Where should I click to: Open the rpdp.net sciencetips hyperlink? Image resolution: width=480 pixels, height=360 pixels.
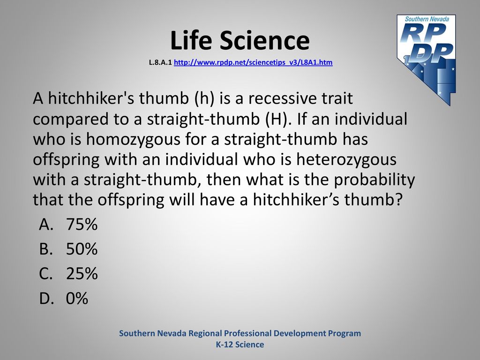coord(253,62)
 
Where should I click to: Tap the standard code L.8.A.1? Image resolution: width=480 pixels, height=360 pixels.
coord(160,62)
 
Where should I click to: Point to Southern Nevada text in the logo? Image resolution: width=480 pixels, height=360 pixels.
coord(427,19)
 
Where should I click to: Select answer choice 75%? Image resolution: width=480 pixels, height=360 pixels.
coord(82,224)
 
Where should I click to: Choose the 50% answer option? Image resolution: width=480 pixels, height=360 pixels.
coord(82,248)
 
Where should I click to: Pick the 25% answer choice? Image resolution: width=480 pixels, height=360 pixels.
coord(82,273)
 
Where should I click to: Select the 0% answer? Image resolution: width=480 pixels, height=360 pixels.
coord(77,298)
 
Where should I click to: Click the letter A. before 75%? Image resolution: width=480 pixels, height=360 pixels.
coord(46,225)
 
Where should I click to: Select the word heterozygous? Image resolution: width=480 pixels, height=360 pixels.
coord(346,160)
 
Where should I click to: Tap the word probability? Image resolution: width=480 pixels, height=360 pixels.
coord(374,180)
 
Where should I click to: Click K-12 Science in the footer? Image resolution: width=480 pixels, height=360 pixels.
coord(240,345)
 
